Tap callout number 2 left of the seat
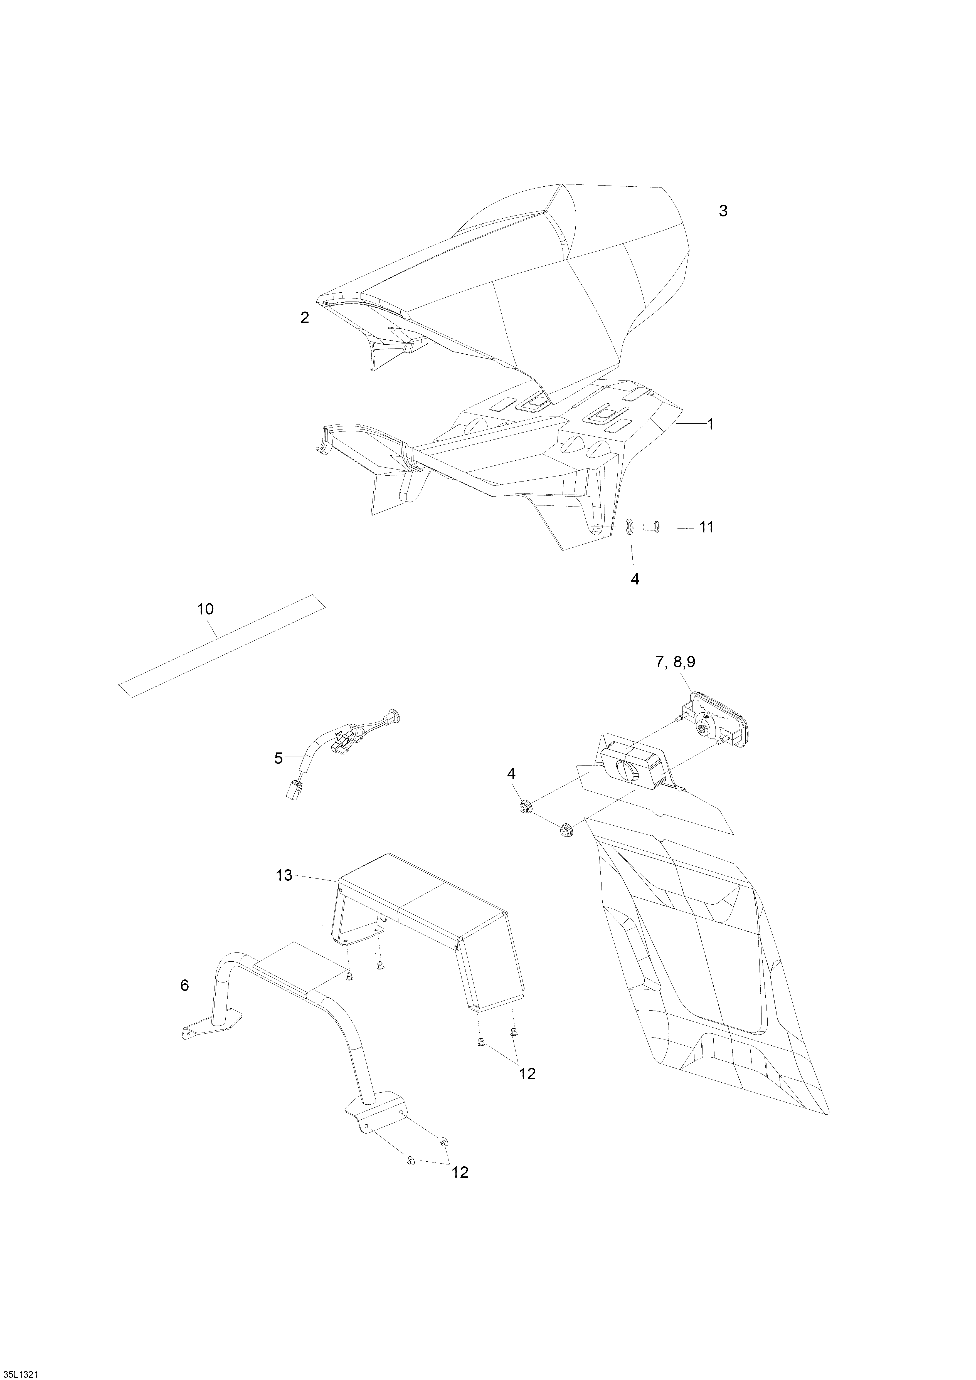[305, 319]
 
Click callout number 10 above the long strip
[205, 609]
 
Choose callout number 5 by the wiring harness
[278, 759]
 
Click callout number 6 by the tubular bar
[184, 985]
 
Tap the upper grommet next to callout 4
[526, 807]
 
